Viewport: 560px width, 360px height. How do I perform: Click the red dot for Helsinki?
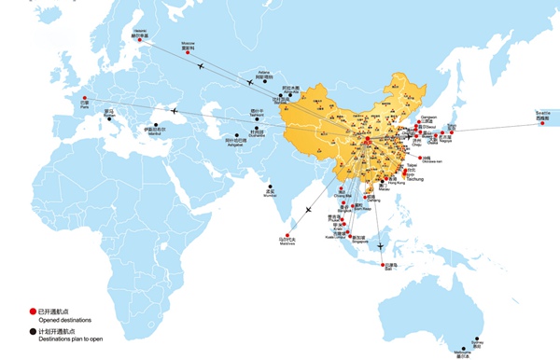[x=138, y=39]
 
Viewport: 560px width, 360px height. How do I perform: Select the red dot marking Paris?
[x=86, y=97]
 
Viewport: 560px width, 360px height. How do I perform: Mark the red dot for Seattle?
[x=542, y=132]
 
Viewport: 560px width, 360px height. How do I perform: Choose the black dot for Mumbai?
[x=270, y=186]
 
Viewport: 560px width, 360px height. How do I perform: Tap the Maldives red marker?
[x=284, y=234]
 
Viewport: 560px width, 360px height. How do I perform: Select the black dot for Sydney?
[x=477, y=339]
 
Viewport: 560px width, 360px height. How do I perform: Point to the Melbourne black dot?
[x=461, y=348]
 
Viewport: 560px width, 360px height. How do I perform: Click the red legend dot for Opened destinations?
[x=32, y=311]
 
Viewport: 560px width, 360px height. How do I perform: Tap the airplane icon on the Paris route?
[x=174, y=112]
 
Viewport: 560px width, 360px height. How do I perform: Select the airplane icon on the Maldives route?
[x=307, y=210]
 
